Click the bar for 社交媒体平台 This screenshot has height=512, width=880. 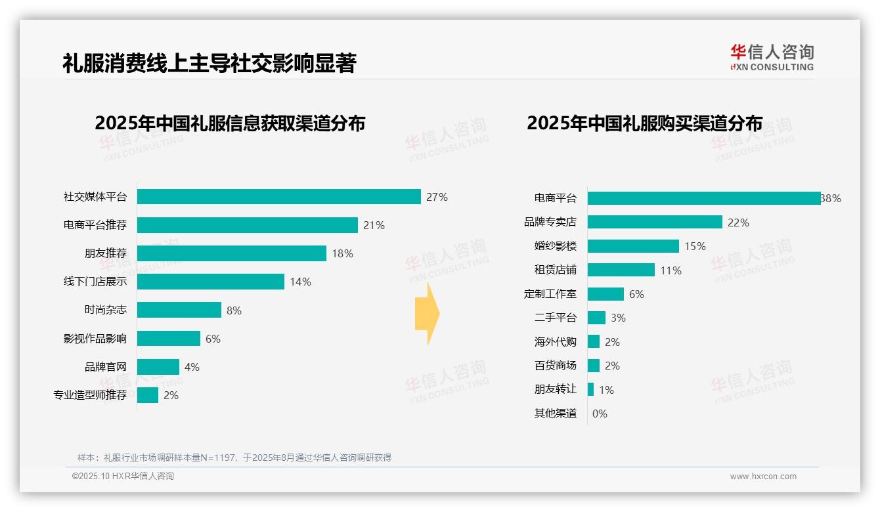(x=278, y=197)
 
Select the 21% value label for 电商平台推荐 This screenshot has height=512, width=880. (x=374, y=225)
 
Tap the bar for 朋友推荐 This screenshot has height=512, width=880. (x=231, y=253)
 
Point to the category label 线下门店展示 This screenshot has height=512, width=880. (x=95, y=282)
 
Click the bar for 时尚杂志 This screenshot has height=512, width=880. (x=179, y=310)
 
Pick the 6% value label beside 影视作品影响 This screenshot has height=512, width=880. (x=213, y=339)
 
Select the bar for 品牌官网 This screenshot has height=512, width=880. (x=158, y=367)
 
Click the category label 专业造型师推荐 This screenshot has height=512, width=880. (x=90, y=395)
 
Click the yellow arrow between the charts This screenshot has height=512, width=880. (x=427, y=314)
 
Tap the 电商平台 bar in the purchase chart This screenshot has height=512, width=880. (x=703, y=198)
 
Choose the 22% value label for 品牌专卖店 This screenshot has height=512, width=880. (x=738, y=223)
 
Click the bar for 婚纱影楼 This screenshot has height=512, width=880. (x=633, y=246)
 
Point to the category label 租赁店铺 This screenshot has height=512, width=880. (x=555, y=270)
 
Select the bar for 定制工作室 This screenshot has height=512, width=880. (x=605, y=294)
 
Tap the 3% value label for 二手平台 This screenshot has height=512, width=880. (x=618, y=318)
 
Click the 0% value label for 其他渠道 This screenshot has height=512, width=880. (x=600, y=414)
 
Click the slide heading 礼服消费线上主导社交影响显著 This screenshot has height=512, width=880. (x=209, y=64)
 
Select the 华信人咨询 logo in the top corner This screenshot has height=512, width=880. (x=772, y=57)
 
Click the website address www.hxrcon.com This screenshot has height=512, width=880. (x=763, y=477)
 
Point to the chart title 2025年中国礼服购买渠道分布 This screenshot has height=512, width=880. (x=644, y=123)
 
